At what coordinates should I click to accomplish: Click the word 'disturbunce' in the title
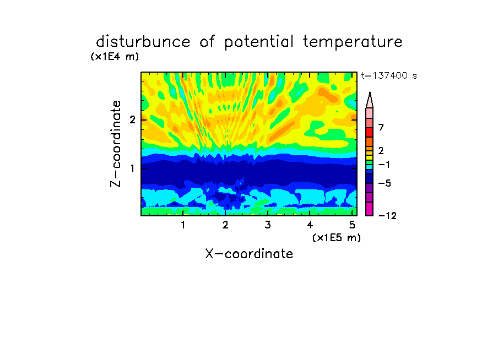pos(143,41)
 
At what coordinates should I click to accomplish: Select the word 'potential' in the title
pos(258,42)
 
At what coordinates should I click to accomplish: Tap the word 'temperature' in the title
pos(353,42)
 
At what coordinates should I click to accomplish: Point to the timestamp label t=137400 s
pos(389,75)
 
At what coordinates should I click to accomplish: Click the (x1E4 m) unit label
pos(115,57)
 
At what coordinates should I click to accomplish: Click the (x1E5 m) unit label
pos(337,237)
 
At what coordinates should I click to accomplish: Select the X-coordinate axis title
pos(249,254)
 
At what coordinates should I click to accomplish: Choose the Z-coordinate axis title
pos(116,144)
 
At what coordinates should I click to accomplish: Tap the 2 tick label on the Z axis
pos(132,120)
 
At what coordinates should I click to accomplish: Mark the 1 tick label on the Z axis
pos(132,168)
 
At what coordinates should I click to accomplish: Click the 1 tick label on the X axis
pos(183,225)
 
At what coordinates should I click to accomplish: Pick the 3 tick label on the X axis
pos(268,225)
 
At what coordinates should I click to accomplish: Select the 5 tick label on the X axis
pos(352,225)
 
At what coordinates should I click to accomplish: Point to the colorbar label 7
pos(381,128)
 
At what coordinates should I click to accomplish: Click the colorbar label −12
pos(387,216)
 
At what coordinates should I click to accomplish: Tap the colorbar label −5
pos(385,183)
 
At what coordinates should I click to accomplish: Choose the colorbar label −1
pos(384,165)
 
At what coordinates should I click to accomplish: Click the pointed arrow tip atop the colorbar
pos(370,92)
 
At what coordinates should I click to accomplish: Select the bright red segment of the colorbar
pos(370,132)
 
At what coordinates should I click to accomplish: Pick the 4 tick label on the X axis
pos(310,225)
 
